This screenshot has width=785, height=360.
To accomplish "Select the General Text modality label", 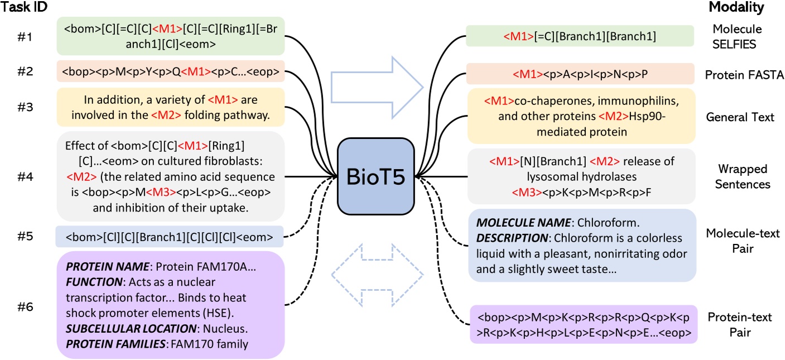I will tap(740, 117).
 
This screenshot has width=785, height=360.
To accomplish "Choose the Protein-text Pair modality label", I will tap(740, 325).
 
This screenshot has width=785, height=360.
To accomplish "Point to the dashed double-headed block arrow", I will tap(375, 273).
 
